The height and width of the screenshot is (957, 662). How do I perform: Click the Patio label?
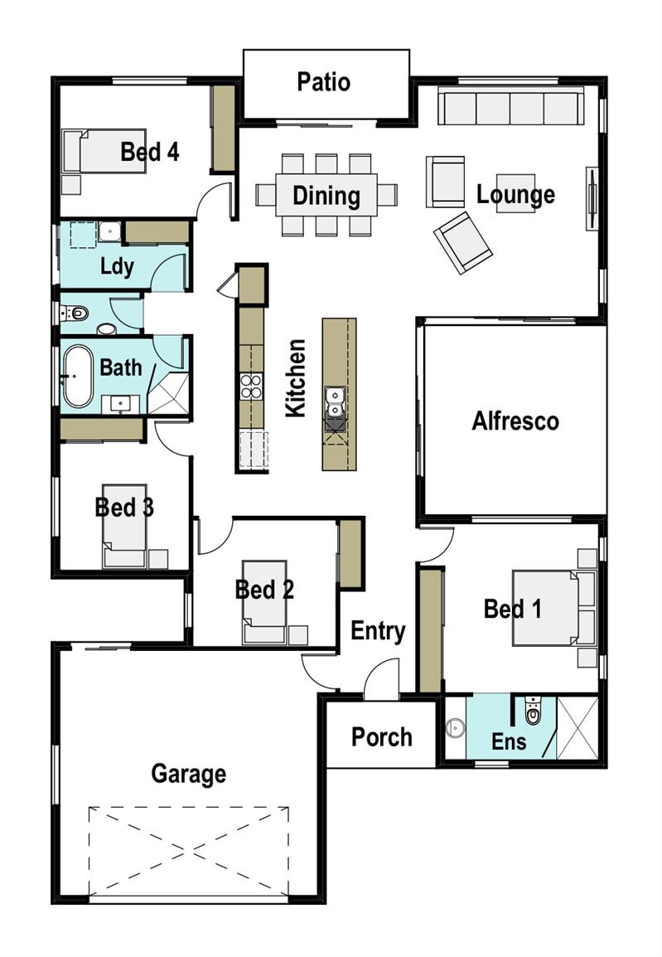(x=324, y=82)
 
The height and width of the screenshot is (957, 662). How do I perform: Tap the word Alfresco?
(x=515, y=421)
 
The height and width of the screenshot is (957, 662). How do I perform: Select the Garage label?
(x=188, y=774)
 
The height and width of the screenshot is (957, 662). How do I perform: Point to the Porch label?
(x=382, y=737)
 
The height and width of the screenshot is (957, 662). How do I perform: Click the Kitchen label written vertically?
(x=296, y=378)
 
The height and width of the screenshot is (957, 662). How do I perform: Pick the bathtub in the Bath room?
(x=78, y=376)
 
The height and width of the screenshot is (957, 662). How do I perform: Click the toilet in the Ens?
(x=533, y=711)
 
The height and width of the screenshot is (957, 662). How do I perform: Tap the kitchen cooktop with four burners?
(x=251, y=386)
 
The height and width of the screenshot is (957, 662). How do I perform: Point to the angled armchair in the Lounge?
(x=462, y=243)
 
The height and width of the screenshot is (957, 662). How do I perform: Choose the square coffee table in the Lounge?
(x=515, y=193)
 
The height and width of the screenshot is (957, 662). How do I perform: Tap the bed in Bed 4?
(x=104, y=150)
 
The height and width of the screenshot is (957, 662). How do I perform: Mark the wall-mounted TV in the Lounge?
(x=591, y=198)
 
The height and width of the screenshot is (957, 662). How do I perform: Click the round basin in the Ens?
(x=453, y=727)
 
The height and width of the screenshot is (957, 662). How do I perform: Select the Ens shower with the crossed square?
(x=577, y=727)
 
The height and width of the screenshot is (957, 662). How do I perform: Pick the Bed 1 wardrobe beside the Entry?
(x=430, y=630)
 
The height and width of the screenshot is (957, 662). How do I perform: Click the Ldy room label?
(x=117, y=267)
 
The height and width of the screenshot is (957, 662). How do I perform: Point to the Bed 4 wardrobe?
(x=223, y=129)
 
